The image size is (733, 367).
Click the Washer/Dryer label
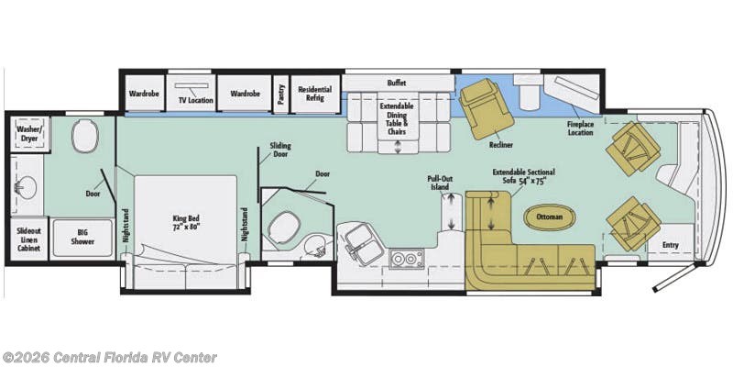[28, 134]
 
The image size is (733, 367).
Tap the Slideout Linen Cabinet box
[29, 239]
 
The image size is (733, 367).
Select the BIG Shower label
[82, 237]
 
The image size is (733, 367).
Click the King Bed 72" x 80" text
[186, 223]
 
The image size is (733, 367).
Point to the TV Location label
[195, 100]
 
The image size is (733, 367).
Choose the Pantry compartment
[281, 95]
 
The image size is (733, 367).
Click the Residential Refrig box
[315, 94]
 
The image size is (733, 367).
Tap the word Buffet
[397, 83]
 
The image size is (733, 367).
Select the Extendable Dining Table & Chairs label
[397, 119]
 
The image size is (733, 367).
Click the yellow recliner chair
[487, 108]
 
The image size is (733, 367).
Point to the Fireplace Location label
[581, 128]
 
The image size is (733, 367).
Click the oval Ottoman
[549, 217]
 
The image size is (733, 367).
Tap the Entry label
[671, 245]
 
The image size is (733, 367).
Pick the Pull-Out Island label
[440, 183]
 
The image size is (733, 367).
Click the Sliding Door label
[280, 150]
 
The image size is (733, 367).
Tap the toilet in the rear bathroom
[85, 136]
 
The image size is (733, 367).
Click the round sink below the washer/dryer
[26, 188]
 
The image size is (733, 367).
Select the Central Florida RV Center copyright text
[109, 358]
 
